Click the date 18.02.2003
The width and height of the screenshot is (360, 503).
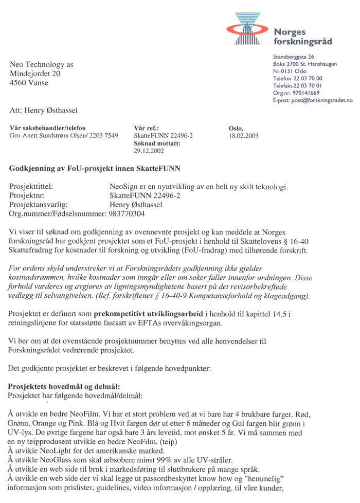(244, 136)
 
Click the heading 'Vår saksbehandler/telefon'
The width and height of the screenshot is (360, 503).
(48, 128)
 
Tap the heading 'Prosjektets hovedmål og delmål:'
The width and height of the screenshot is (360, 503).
(65, 386)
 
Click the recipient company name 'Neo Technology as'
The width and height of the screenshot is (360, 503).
(42, 64)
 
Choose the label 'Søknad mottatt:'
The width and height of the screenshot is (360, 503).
(157, 143)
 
